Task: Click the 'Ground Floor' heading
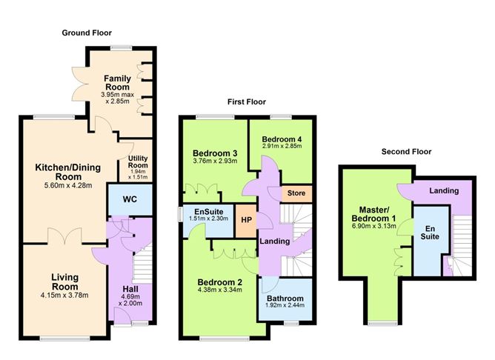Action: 87,33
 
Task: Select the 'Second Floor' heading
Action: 406,151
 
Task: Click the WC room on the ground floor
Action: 129,199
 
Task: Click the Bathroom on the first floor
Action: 285,300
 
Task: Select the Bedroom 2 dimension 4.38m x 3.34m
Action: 220,292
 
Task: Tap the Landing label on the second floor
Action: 443,191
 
